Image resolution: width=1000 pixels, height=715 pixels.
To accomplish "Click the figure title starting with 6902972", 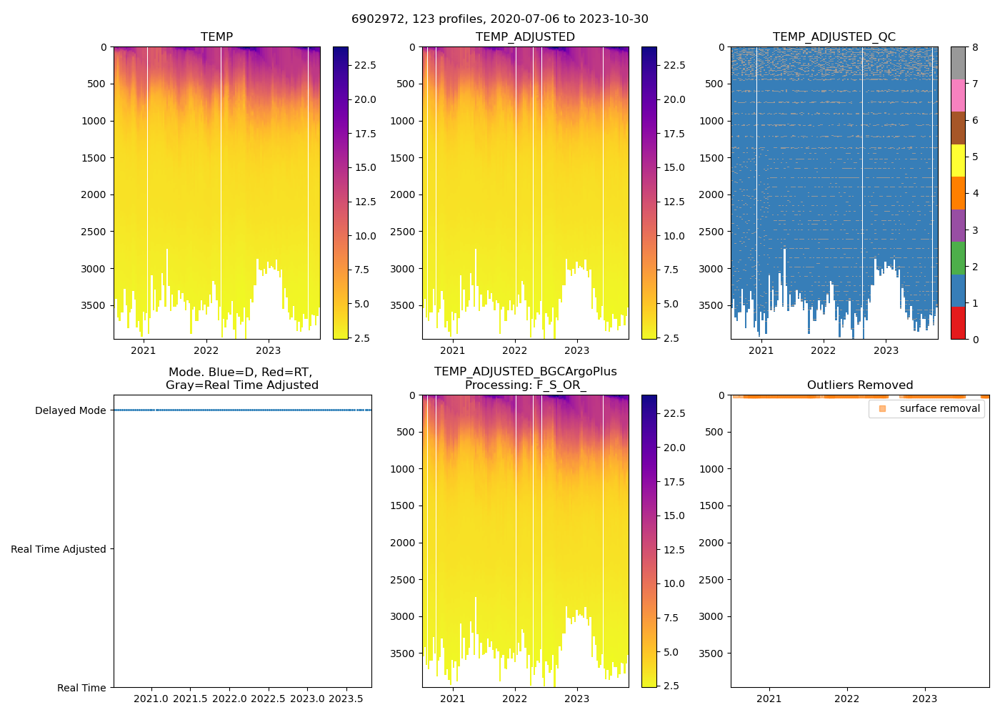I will (x=500, y=19).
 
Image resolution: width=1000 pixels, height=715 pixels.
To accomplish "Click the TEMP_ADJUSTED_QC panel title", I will (x=834, y=37).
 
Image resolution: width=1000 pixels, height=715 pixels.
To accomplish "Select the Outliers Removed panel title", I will (x=860, y=385).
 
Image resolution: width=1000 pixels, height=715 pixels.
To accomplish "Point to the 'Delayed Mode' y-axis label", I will (x=70, y=410).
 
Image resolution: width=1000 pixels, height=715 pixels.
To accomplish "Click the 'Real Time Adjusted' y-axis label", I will (x=59, y=549).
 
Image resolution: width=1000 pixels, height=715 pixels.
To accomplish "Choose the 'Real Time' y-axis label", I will (x=81, y=688).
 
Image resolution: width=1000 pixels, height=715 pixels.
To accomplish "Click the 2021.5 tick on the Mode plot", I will (x=190, y=699).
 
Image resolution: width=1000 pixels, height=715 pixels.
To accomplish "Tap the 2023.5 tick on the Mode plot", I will (x=346, y=699).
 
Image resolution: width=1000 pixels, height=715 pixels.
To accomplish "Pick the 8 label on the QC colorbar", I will (x=975, y=47).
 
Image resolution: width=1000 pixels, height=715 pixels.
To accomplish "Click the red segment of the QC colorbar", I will (x=958, y=323).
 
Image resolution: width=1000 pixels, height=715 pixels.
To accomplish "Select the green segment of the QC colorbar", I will (x=958, y=258).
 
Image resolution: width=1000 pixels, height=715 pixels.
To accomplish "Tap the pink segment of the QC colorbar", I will (x=958, y=95).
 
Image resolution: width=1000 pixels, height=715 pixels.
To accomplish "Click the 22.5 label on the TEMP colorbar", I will (x=366, y=65).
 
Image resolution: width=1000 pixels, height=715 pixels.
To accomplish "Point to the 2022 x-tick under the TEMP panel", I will (x=206, y=350).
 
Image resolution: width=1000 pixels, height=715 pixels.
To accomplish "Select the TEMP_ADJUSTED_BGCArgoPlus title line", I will (x=525, y=372).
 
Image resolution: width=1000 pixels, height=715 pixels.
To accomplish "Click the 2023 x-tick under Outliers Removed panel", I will (x=924, y=699).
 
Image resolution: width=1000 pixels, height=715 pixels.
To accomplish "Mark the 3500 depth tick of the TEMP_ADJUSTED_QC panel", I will (x=711, y=305).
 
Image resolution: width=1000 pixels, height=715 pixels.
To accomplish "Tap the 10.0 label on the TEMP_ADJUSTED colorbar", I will (x=674, y=236).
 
